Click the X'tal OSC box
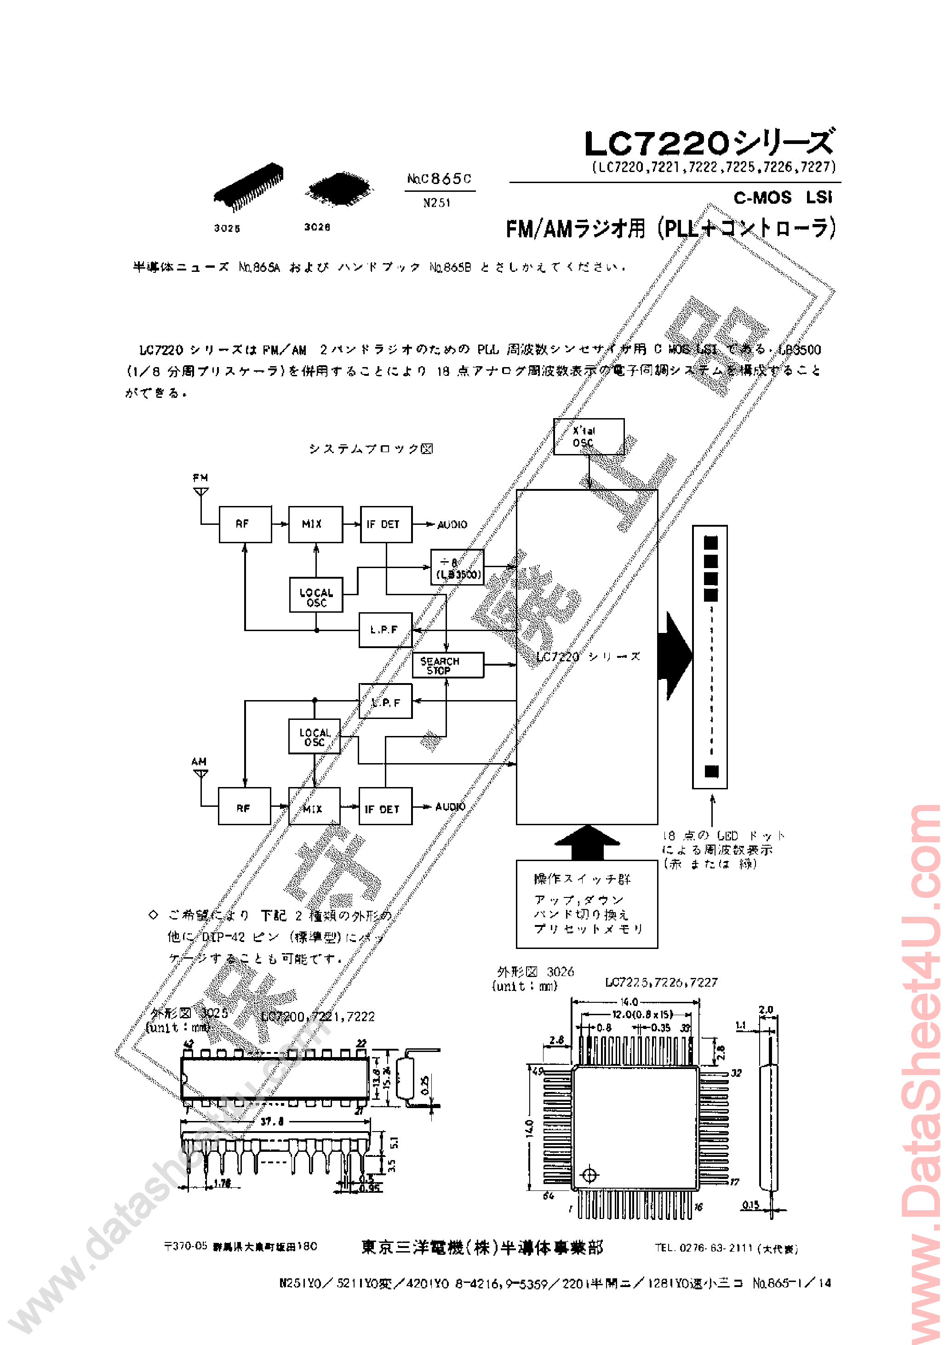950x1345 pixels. [x=588, y=437]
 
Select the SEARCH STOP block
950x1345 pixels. [x=448, y=665]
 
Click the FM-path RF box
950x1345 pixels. [x=245, y=524]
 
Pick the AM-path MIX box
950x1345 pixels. [x=314, y=807]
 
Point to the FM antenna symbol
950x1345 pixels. [x=201, y=491]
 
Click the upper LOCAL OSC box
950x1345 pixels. [x=316, y=595]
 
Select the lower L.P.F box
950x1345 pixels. [x=385, y=701]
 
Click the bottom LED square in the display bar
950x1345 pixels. [x=711, y=771]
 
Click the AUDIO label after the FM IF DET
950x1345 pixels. [x=452, y=524]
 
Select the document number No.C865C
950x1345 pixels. [x=439, y=178]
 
